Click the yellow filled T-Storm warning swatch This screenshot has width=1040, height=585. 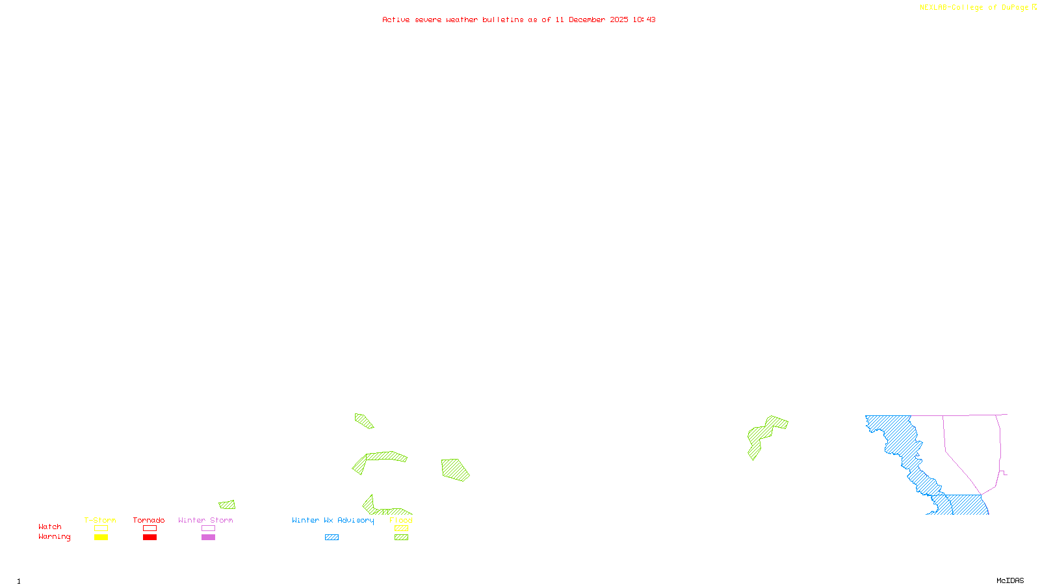point(101,538)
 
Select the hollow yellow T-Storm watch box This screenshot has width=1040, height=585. point(101,528)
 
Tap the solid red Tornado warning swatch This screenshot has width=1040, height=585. point(149,538)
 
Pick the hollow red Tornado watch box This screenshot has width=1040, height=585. point(149,528)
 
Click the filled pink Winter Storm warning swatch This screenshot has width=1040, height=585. point(208,538)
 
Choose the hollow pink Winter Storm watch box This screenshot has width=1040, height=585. point(208,528)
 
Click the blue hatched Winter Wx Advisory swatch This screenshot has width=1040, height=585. point(331,538)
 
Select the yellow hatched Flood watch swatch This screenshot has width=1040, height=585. point(401,528)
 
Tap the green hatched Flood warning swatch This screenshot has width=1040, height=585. point(401,538)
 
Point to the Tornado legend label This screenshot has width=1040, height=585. point(149,520)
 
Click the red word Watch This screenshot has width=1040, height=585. point(50,526)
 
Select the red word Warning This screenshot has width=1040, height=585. point(54,537)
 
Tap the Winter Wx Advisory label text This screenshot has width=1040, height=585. point(333,520)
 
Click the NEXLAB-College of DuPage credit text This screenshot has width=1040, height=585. point(974,8)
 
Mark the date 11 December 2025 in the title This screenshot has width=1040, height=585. point(591,19)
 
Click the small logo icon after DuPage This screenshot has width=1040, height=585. point(1034,7)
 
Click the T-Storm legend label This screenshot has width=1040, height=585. point(100,520)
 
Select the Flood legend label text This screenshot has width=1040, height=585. point(401,520)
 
